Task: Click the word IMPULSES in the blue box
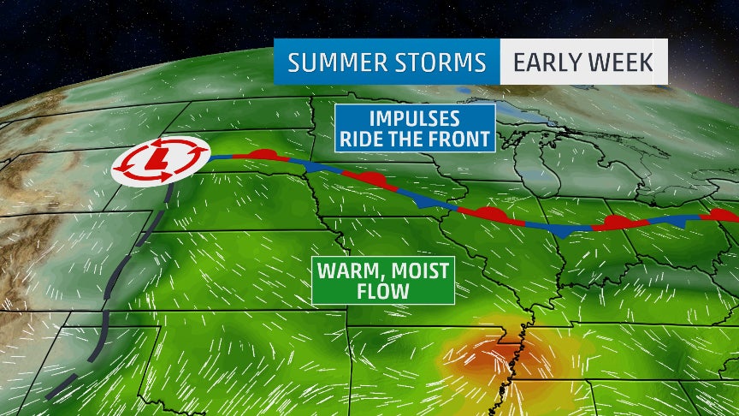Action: (x=415, y=119)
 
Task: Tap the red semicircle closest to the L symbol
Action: (x=264, y=154)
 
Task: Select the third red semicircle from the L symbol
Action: (x=490, y=211)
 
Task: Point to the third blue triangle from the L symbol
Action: (x=562, y=231)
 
